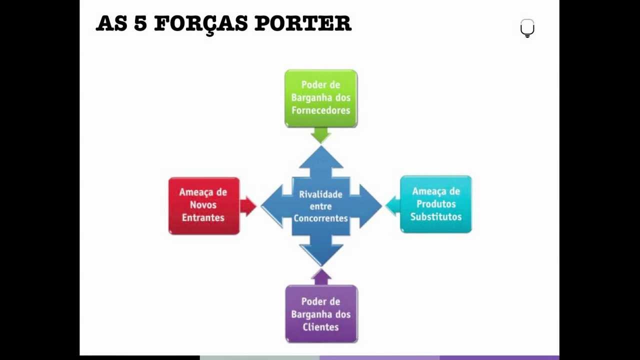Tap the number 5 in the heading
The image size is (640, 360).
[140, 23]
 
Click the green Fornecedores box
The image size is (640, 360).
[321, 98]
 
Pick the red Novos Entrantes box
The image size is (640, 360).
[203, 205]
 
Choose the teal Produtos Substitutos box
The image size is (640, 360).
[435, 204]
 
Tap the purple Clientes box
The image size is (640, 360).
[321, 314]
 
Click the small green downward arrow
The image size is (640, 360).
[320, 134]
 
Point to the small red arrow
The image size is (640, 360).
[247, 206]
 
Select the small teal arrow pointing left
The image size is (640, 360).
[393, 205]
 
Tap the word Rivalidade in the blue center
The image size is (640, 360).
[320, 194]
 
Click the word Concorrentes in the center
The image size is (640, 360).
[320, 218]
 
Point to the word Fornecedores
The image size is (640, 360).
[321, 110]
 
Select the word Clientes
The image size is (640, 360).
[321, 327]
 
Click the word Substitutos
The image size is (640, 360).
[436, 216]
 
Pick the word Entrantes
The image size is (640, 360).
[203, 217]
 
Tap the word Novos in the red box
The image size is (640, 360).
[203, 205]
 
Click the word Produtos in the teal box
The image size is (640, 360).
[436, 204]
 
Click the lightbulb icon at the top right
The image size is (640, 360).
[527, 28]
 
